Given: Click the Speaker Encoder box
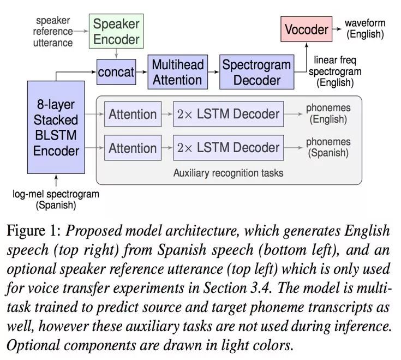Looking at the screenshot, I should [116, 32].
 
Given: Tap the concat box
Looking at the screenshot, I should [116, 72].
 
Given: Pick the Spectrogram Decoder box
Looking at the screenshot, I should [256, 72].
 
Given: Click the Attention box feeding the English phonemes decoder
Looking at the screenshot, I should [133, 114].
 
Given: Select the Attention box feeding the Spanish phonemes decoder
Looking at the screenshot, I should [133, 147].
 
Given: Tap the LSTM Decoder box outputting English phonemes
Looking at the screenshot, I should [228, 114].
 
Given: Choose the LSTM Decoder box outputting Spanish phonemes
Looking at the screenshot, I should [228, 147].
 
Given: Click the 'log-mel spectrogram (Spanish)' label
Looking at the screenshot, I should [56, 200].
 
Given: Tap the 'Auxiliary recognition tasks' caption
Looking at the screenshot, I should [228, 173].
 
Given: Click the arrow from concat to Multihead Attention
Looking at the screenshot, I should [141, 72].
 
